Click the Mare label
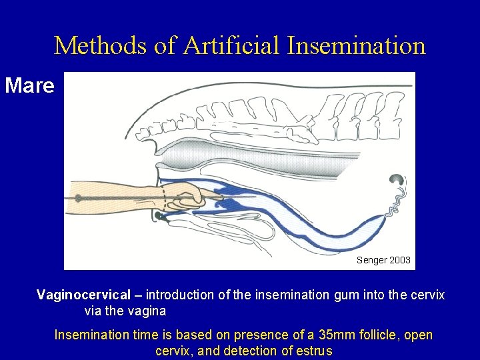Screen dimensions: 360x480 [29, 85]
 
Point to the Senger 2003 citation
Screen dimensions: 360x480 [383, 260]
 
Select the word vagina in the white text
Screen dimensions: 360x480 [147, 311]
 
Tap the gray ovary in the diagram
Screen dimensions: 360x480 [398, 179]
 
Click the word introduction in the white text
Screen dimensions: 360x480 [179, 295]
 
